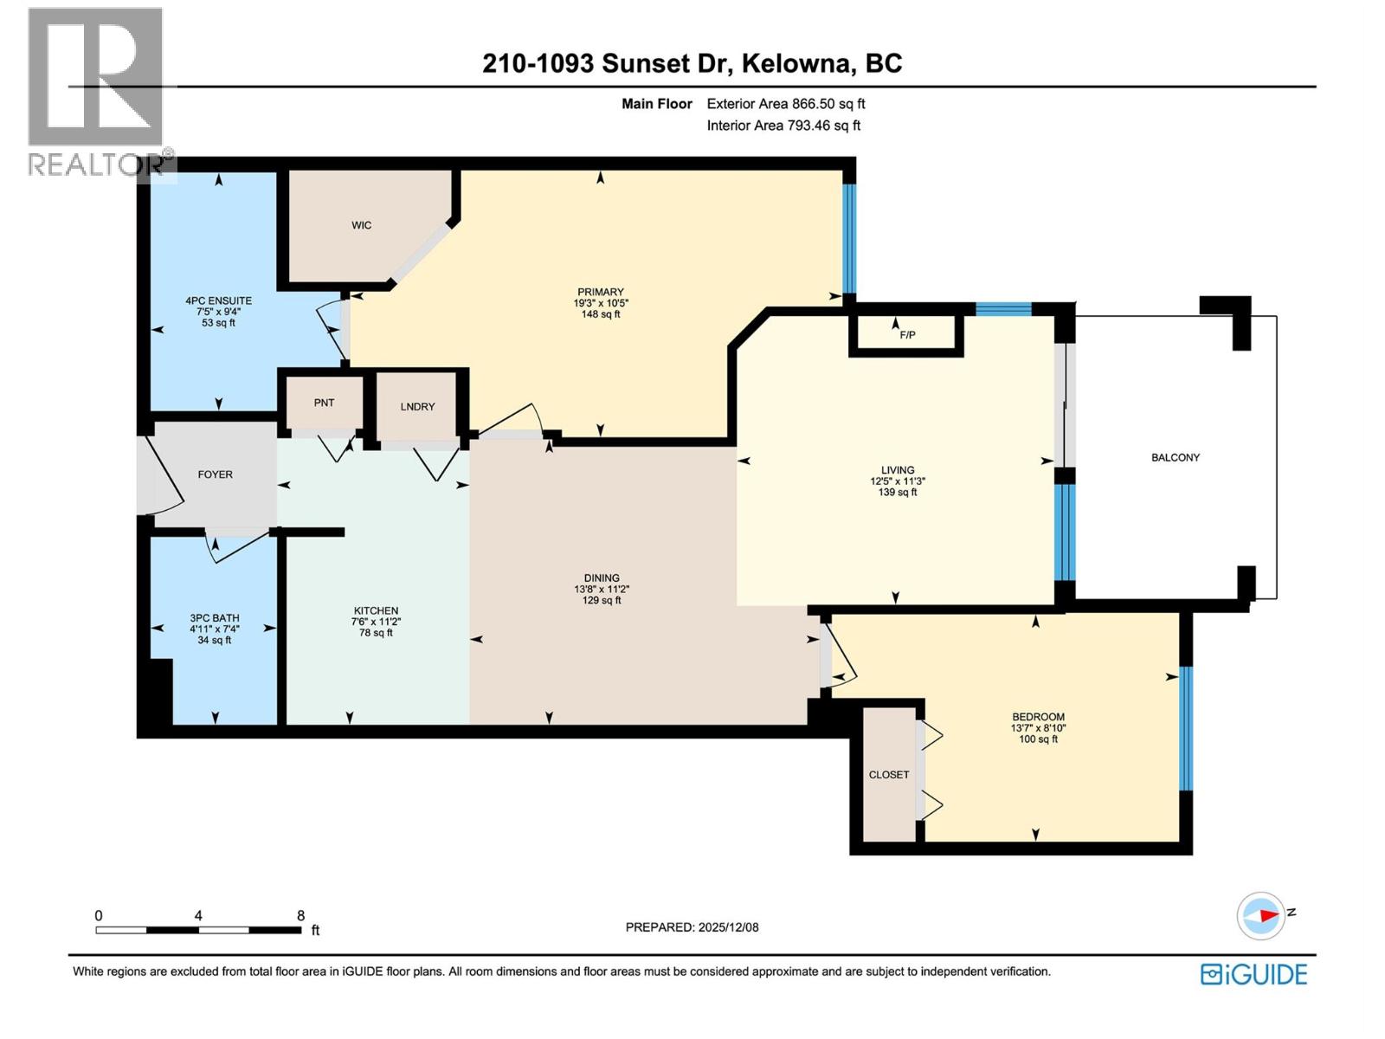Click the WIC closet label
361,225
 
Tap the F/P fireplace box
907,334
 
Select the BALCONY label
1175,457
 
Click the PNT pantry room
324,403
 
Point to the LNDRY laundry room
417,406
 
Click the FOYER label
215,474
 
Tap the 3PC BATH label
215,618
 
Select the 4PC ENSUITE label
218,301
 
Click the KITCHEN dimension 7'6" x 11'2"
376,622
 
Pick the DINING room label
602,578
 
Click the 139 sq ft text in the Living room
898,492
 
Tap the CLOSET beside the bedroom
889,775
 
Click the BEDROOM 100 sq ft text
1038,739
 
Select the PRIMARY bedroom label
601,292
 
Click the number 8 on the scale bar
300,915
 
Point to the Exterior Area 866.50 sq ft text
785,104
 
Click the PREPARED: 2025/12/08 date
692,927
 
